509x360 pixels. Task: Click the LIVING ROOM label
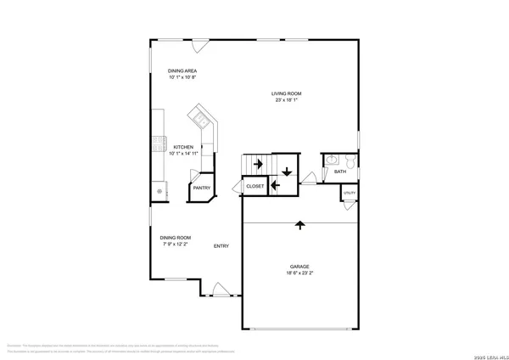[287, 93]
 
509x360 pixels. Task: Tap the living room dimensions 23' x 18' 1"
[287, 101]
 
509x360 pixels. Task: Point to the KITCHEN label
[184, 147]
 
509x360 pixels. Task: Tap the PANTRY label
[202, 188]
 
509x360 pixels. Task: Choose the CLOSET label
[255, 185]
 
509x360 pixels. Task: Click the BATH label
[340, 172]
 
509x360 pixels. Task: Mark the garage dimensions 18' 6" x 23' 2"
[299, 273]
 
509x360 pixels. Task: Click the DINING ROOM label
[176, 237]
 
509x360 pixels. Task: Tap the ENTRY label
[221, 246]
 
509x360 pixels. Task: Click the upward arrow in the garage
[299, 225]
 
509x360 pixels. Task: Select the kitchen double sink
[199, 116]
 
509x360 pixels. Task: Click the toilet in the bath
[348, 159]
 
